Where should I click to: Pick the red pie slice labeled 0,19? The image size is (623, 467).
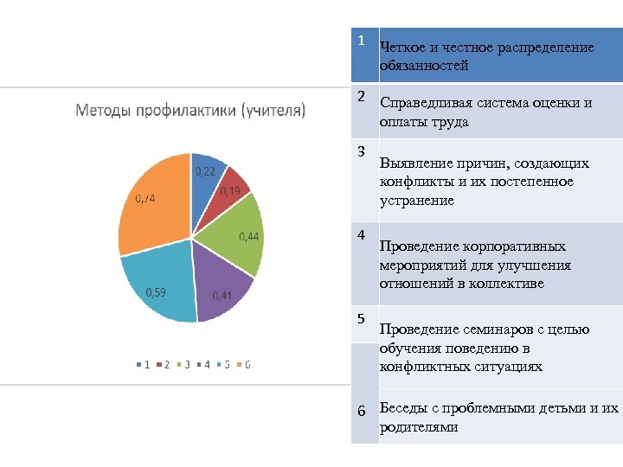pyautogui.click(x=229, y=191)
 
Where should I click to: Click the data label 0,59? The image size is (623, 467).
pyautogui.click(x=156, y=292)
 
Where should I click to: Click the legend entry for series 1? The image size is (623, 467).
pyautogui.click(x=143, y=365)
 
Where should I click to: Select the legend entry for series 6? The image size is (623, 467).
pyautogui.click(x=244, y=365)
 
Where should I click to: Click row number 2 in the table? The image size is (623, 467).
pyautogui.click(x=362, y=94)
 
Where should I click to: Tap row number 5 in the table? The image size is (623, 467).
pyautogui.click(x=363, y=319)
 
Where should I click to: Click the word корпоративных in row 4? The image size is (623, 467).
pyautogui.click(x=512, y=246)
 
